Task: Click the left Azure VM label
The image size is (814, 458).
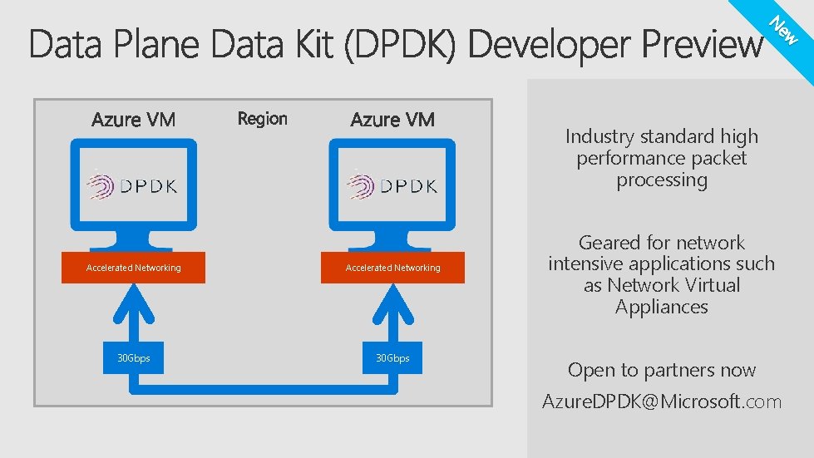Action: coord(133,120)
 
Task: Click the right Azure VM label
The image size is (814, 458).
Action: coord(392,120)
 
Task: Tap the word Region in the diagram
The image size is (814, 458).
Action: coord(262,119)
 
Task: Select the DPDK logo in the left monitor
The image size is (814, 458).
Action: coord(134,185)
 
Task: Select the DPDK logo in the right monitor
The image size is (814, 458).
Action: coord(392,185)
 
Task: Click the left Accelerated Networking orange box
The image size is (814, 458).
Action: coord(133,268)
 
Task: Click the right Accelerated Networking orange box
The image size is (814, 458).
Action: coord(392,268)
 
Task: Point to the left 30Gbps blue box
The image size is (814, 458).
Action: coord(133,358)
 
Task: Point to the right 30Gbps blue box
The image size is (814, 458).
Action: coord(392,358)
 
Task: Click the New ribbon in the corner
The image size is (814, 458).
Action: coord(784,31)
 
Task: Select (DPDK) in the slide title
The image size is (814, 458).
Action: coord(400,45)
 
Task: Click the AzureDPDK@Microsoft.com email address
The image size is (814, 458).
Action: coord(662,402)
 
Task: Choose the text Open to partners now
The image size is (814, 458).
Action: coord(662,370)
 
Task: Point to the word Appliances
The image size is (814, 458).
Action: coord(662,307)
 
